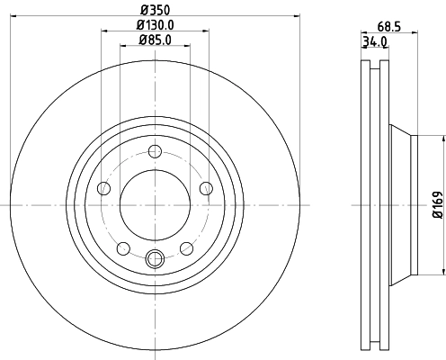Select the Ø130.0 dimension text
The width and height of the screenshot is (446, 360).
(x=155, y=24)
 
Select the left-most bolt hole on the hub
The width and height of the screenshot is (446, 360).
(x=103, y=188)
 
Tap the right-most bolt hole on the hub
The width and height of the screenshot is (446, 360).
(x=206, y=187)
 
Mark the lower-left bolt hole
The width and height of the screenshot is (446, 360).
(x=123, y=248)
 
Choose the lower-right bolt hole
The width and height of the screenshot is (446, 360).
(x=186, y=248)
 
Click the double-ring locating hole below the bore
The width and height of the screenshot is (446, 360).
(x=155, y=260)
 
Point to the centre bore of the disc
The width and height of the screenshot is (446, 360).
(x=155, y=204)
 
